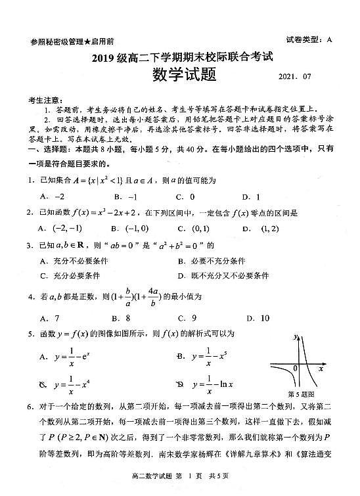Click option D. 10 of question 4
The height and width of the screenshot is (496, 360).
point(256,318)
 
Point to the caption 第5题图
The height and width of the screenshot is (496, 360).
point(303,394)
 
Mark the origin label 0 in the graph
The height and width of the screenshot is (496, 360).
point(295,369)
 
